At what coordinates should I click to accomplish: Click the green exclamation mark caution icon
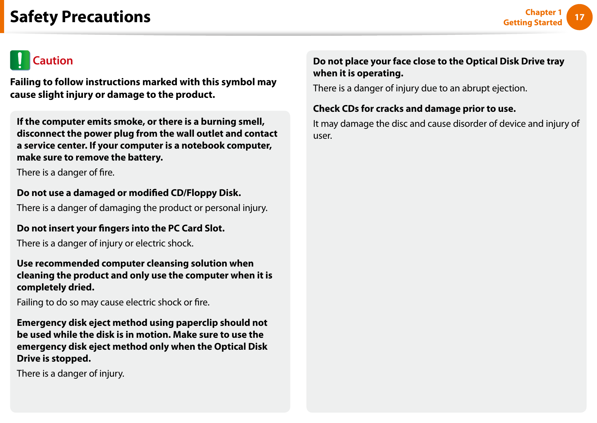click(20, 60)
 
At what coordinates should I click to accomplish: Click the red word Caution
click(53, 61)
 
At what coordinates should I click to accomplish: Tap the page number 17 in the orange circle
click(579, 17)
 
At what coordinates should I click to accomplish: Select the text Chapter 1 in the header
click(543, 12)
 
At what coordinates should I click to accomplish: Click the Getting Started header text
click(532, 22)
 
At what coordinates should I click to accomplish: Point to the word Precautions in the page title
click(106, 17)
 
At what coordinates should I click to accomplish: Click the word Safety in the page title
click(34, 17)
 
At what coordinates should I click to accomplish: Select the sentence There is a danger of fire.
click(66, 172)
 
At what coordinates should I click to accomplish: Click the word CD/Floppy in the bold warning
click(193, 193)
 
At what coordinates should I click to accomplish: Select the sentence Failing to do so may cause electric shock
click(113, 302)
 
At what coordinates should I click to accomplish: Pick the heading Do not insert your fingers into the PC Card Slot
click(121, 228)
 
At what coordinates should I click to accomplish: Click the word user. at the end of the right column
click(323, 136)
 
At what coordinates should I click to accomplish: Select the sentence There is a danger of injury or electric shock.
click(105, 243)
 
